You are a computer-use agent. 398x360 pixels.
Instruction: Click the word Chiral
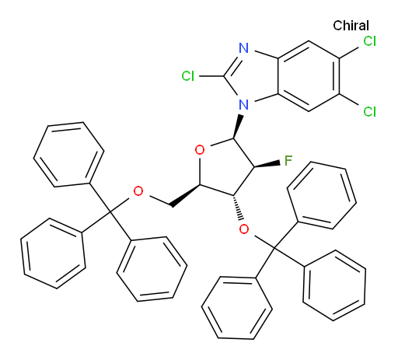click(x=351, y=26)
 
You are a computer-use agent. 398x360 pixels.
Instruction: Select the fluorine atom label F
click(x=288, y=161)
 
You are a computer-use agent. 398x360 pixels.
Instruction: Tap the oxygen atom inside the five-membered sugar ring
click(x=200, y=150)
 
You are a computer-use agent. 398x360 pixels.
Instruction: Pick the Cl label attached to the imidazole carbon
click(x=187, y=76)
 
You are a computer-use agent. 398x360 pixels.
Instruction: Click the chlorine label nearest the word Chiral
click(x=369, y=41)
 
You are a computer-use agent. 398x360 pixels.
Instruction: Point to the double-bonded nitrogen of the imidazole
click(x=243, y=48)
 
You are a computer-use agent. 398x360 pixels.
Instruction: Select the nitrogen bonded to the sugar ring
click(x=243, y=104)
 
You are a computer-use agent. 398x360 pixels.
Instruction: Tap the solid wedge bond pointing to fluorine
click(x=267, y=164)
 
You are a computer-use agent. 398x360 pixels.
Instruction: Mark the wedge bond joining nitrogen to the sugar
click(x=237, y=127)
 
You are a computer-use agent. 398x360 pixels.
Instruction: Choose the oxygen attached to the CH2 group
click(x=138, y=191)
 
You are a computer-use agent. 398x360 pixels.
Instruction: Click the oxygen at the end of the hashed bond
click(x=244, y=229)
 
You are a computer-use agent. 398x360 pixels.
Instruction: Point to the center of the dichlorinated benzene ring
click(x=309, y=76)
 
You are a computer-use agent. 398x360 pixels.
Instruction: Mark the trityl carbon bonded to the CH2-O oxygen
click(x=110, y=212)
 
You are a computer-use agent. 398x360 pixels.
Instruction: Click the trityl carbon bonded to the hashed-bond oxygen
click(x=274, y=249)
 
